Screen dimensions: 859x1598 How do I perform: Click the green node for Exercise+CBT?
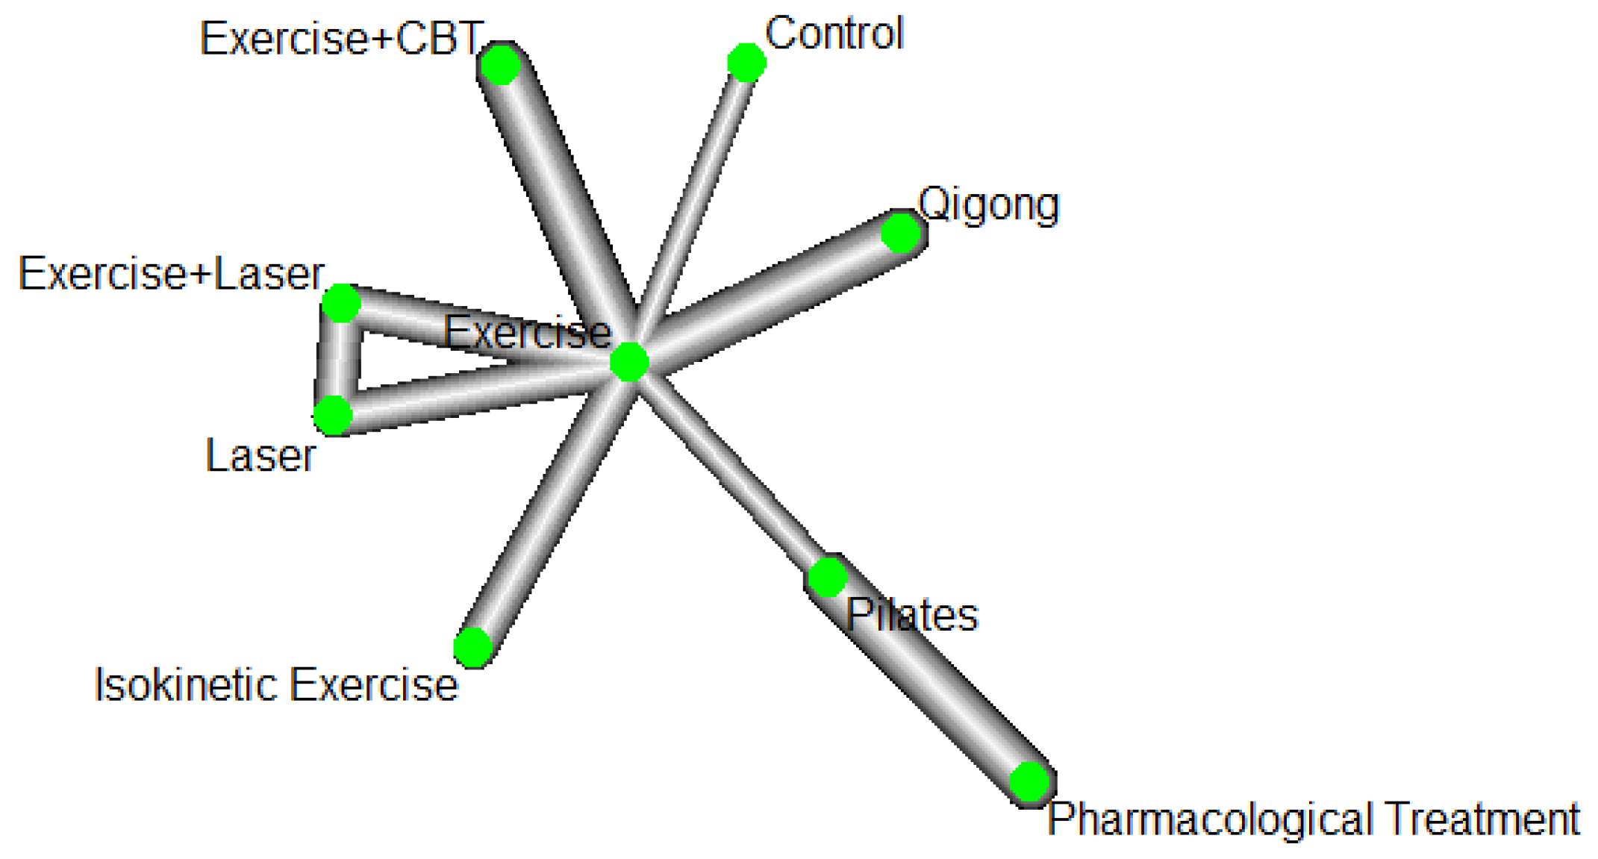[x=500, y=65]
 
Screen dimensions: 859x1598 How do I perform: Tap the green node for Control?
[x=746, y=62]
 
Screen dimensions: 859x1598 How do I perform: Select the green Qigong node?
[x=901, y=233]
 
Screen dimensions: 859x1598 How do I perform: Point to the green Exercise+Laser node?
[x=341, y=303]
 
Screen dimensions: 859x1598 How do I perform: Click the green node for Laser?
[x=333, y=415]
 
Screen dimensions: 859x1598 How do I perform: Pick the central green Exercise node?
[x=629, y=362]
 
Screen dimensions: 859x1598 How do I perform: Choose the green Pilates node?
[x=828, y=577]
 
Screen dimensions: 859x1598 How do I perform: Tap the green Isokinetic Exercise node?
[x=473, y=646]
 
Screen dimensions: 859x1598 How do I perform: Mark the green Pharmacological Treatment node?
[x=1030, y=781]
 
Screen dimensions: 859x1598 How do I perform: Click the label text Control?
[x=834, y=34]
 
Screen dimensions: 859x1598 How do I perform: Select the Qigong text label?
[x=988, y=204]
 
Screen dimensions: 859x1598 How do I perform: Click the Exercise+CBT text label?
[x=340, y=39]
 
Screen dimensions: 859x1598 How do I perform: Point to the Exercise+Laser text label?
[x=171, y=274]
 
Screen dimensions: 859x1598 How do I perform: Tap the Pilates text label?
[x=912, y=615]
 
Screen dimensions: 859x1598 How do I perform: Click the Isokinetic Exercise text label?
[x=275, y=684]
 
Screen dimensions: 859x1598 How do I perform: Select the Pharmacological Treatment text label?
[x=1313, y=819]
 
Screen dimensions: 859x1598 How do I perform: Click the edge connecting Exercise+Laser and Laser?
[x=337, y=359]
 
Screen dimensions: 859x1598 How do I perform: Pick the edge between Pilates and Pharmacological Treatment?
[x=929, y=679]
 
